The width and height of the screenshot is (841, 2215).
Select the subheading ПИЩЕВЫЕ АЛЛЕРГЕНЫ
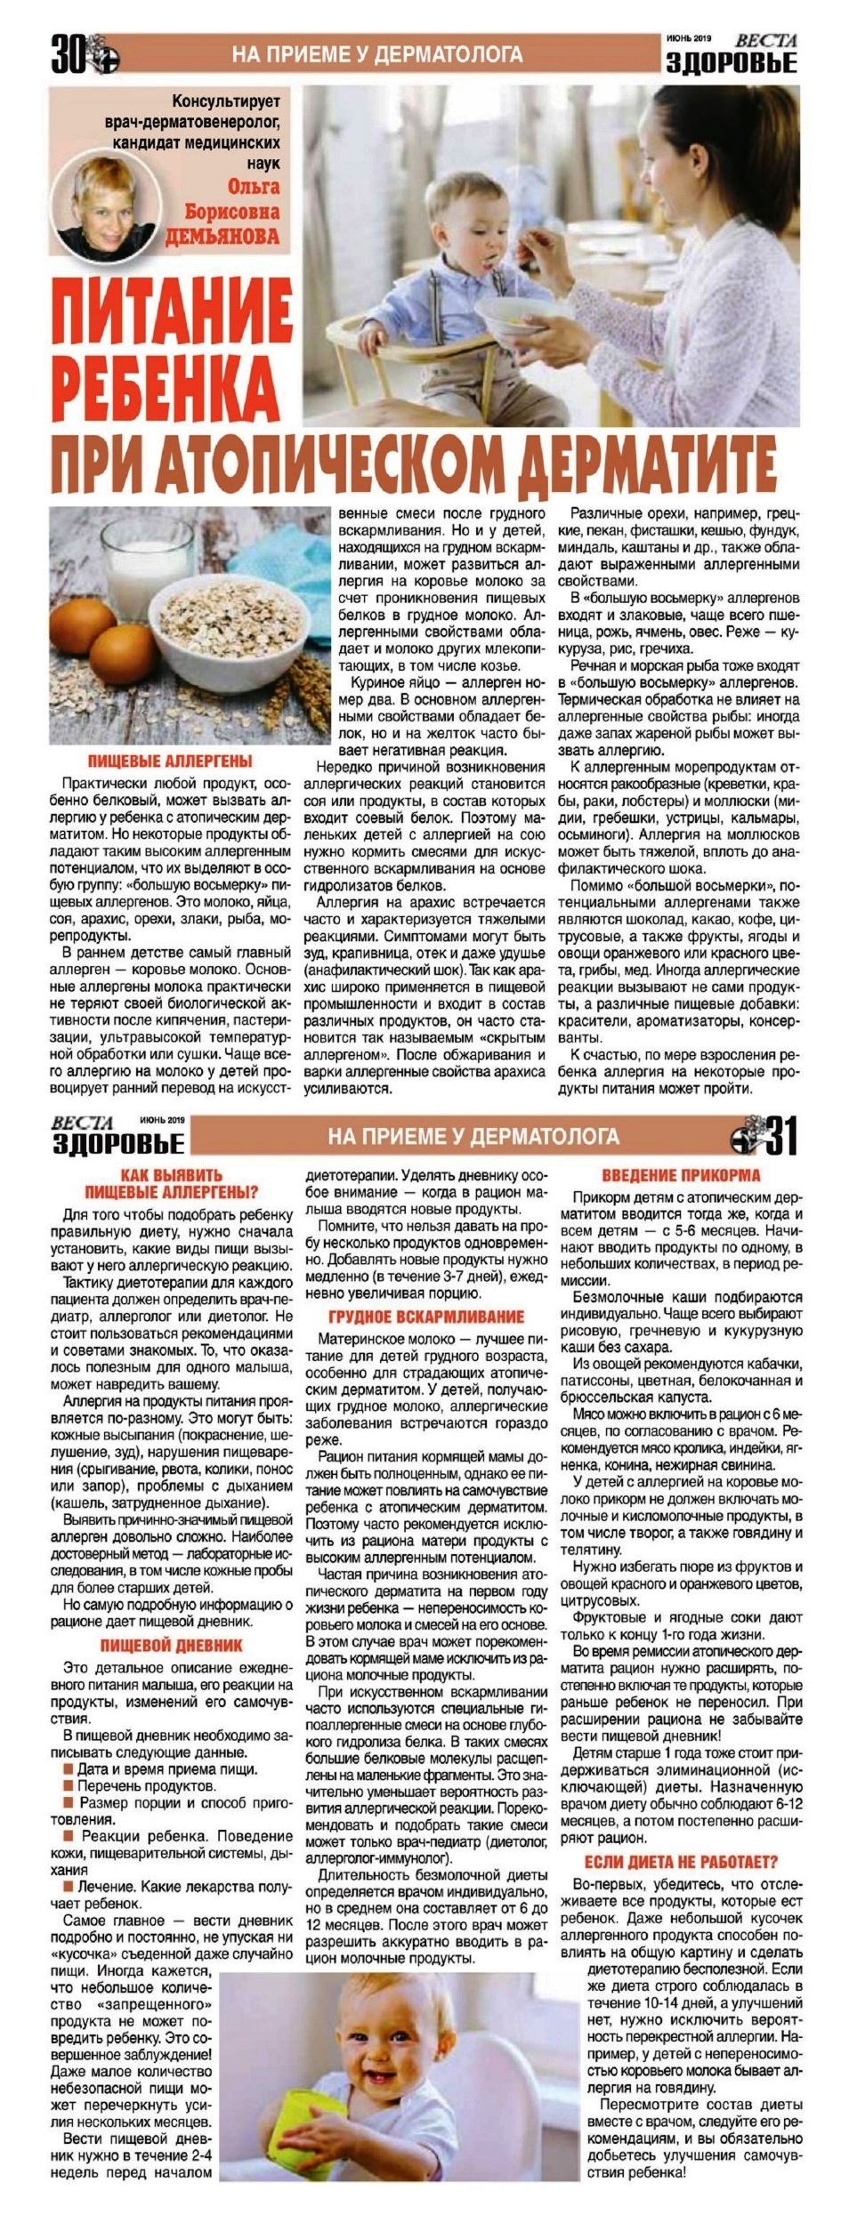click(x=170, y=761)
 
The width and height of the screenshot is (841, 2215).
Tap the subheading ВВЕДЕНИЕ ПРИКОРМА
click(x=681, y=1174)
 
